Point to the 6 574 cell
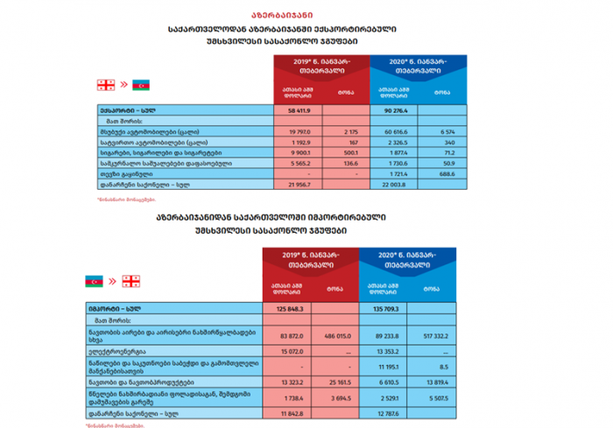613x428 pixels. click(x=440, y=130)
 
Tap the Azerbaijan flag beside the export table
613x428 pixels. click(x=142, y=85)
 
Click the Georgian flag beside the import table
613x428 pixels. click(x=131, y=281)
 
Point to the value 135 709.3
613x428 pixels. click(x=391, y=309)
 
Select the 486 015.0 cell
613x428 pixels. click(x=342, y=335)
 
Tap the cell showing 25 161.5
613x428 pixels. click(x=342, y=382)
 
